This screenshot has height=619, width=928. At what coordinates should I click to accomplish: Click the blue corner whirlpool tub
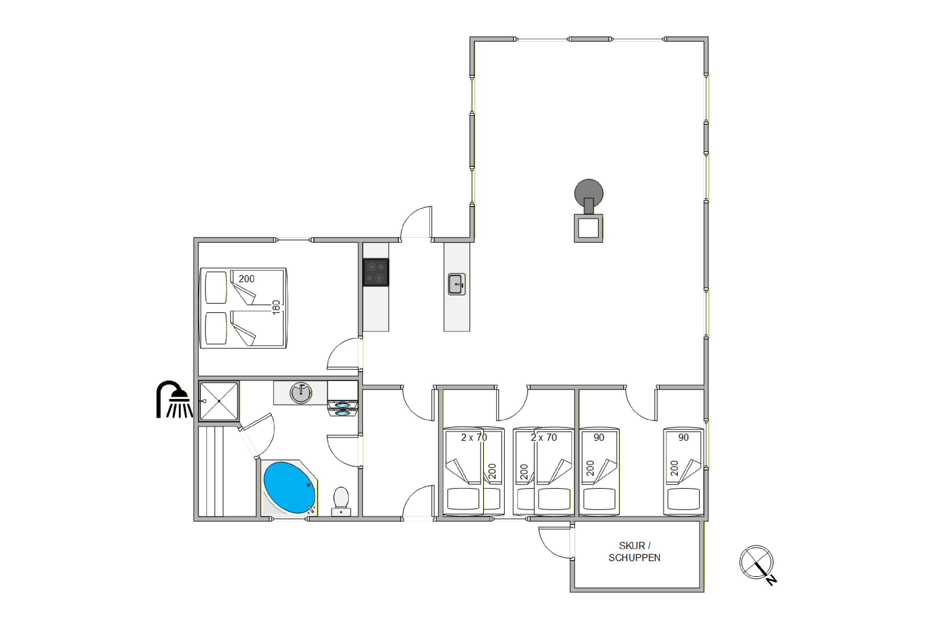(290, 487)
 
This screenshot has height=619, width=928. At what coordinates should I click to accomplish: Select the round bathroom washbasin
(301, 392)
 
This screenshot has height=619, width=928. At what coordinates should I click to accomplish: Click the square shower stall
(219, 401)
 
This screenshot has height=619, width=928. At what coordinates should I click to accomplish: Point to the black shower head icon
(174, 399)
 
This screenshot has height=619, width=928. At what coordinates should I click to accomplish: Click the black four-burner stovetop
(376, 272)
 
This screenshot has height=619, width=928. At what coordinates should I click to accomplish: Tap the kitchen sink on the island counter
(457, 284)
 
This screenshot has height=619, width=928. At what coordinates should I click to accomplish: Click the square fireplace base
(588, 228)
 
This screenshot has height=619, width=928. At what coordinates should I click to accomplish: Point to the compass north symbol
(758, 565)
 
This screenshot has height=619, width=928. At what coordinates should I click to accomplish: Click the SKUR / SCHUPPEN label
(634, 552)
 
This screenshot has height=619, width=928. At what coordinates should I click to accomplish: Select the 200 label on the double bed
(246, 279)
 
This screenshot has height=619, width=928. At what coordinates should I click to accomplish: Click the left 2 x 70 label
(474, 437)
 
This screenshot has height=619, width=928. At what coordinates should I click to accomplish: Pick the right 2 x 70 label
(544, 437)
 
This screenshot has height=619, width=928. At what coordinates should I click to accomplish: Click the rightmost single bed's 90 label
(683, 437)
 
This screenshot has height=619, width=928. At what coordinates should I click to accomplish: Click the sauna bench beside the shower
(211, 471)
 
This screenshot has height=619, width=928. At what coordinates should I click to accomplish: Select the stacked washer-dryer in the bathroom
(342, 399)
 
